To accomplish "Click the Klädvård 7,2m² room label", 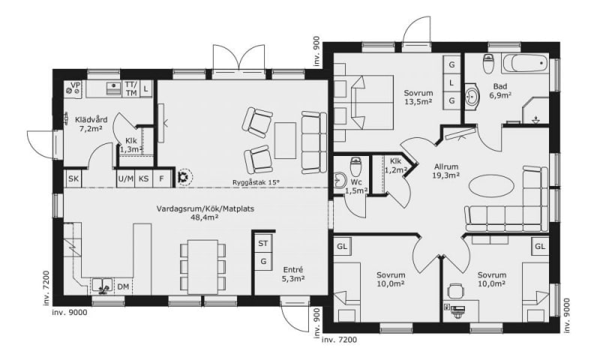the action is tap(91, 124).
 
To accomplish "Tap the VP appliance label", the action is tap(76, 85).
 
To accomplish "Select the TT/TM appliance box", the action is tap(131, 88).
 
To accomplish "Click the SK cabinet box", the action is tap(73, 178).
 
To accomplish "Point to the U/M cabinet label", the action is tap(126, 178).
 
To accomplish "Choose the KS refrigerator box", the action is tap(144, 178).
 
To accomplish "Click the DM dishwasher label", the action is tap(123, 286).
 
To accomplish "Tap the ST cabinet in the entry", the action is tap(263, 243).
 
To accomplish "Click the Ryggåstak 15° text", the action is tap(256, 182).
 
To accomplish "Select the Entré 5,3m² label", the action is tap(293, 274).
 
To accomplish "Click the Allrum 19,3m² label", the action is tap(446, 171).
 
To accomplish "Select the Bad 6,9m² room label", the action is tap(500, 91).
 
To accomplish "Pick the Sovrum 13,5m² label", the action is tap(418, 97).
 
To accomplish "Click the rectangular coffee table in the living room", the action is tap(285, 140).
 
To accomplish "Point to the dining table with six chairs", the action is tap(202, 267).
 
